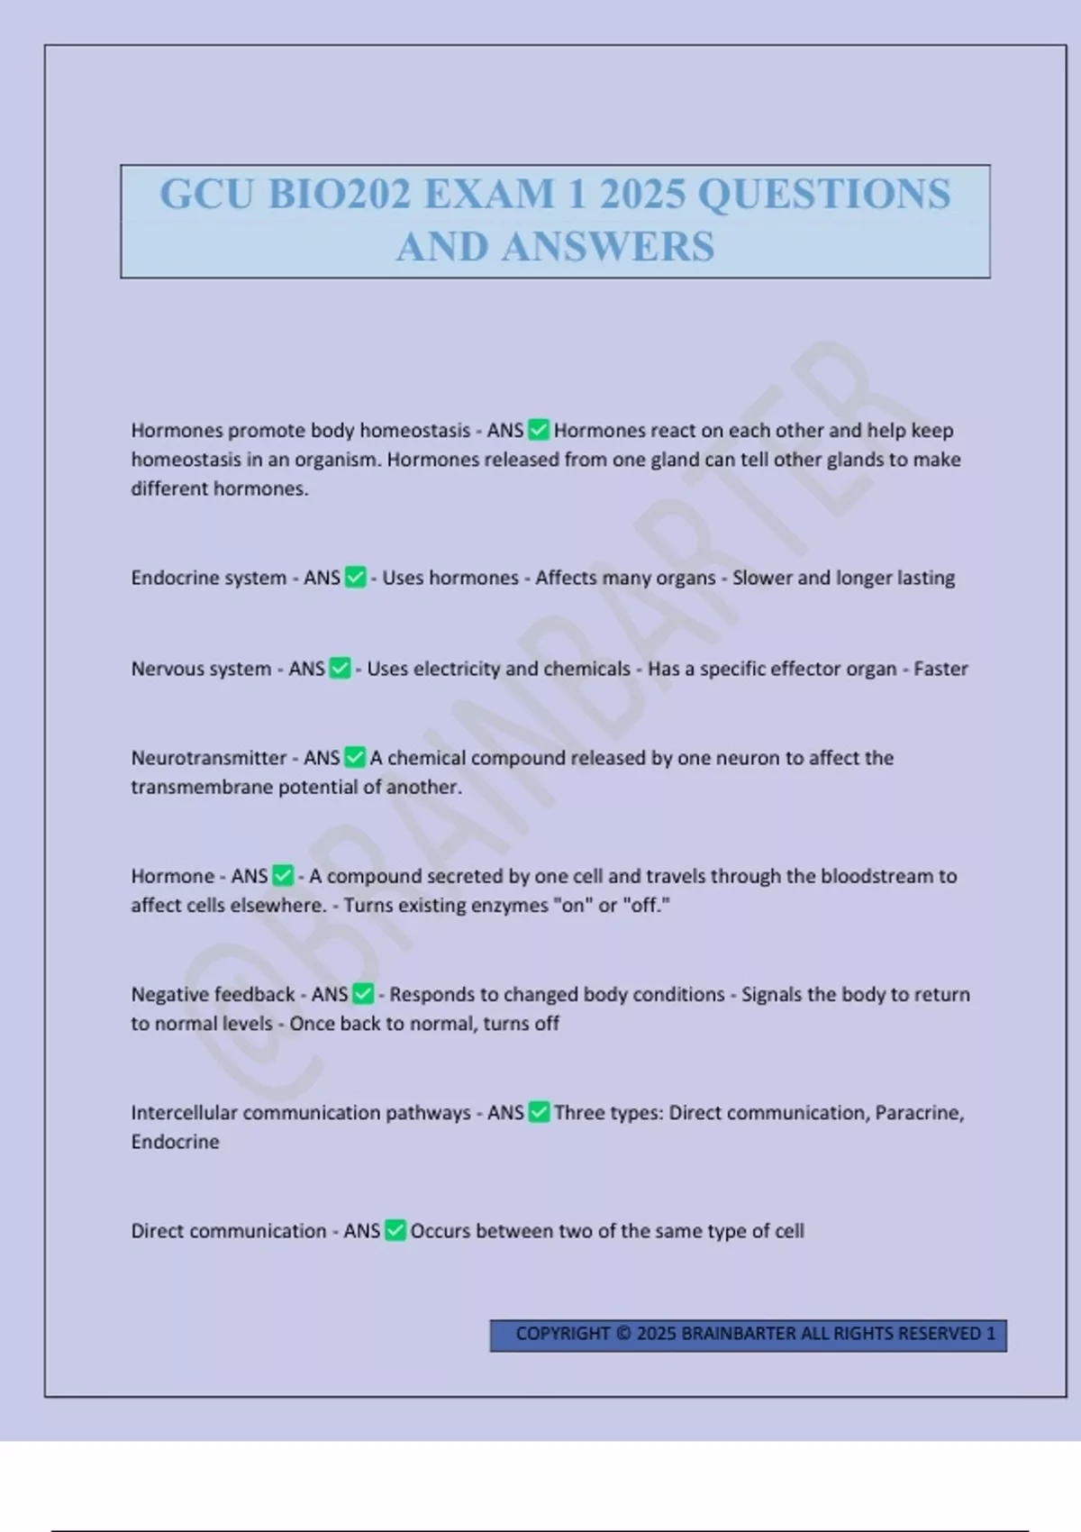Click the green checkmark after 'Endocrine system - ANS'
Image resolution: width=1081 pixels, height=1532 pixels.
click(356, 577)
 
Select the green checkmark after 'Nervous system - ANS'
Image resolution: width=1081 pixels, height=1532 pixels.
click(341, 668)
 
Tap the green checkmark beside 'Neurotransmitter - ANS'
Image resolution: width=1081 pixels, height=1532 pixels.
click(356, 757)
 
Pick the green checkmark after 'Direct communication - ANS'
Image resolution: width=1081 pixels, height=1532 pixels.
click(395, 1230)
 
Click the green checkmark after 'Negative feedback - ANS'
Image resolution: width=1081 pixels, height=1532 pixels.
click(363, 994)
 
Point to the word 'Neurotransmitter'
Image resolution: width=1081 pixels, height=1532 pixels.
click(209, 758)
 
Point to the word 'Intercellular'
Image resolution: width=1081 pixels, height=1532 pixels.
click(184, 1113)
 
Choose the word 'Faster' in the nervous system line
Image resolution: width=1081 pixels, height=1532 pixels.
click(940, 669)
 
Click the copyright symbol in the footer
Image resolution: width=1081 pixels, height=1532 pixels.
click(623, 1334)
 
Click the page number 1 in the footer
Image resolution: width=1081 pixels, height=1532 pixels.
click(991, 1334)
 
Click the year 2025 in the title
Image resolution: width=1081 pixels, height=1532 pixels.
click(642, 195)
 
